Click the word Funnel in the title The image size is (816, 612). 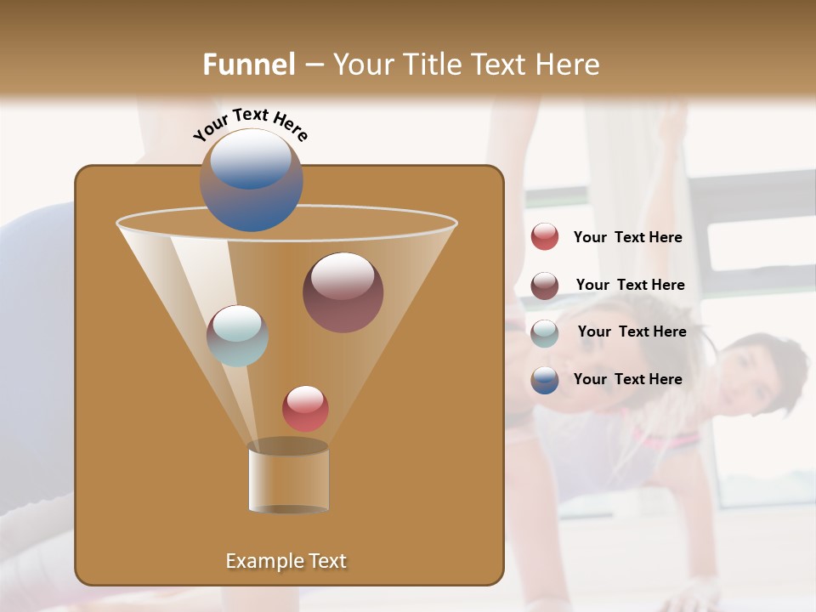(x=249, y=65)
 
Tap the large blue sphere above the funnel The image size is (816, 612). (x=252, y=180)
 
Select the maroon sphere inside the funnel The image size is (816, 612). (x=343, y=292)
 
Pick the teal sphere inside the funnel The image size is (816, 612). (x=237, y=336)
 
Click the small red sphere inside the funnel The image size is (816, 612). (x=305, y=409)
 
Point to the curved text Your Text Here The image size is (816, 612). (x=251, y=124)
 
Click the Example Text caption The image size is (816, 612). (x=286, y=561)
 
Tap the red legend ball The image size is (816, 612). (x=545, y=237)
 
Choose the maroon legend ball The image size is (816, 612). (x=545, y=286)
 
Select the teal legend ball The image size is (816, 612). (x=545, y=333)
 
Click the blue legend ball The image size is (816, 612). (x=545, y=380)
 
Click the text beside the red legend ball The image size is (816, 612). (x=627, y=238)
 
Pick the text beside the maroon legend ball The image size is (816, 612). (x=630, y=286)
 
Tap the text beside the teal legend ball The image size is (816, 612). (x=632, y=332)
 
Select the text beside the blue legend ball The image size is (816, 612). (x=627, y=379)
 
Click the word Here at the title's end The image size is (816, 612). (x=569, y=65)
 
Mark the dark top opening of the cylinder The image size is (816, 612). (x=288, y=446)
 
